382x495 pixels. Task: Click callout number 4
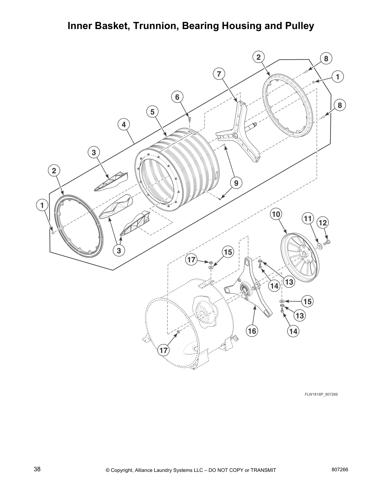point(124,124)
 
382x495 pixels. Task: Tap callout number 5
point(152,112)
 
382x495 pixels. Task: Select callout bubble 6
point(177,97)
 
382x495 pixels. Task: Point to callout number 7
point(219,74)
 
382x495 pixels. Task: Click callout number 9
point(236,183)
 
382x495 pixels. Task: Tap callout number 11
point(308,219)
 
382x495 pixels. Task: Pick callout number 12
point(323,223)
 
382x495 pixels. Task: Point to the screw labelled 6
point(189,118)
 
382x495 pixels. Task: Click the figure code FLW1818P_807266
point(321,394)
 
